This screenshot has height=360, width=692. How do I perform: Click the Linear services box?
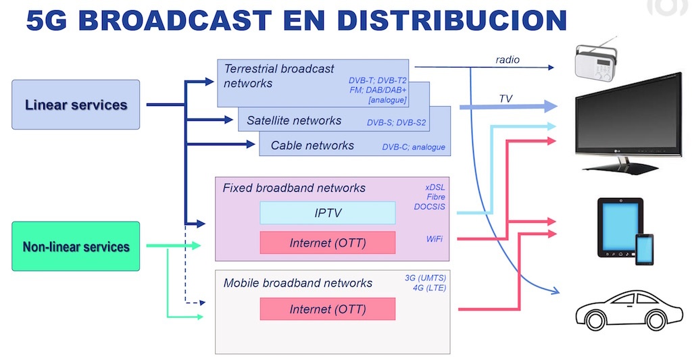coord(76,105)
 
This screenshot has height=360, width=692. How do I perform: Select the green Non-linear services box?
coord(76,246)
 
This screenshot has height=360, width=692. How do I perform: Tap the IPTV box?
coord(328,213)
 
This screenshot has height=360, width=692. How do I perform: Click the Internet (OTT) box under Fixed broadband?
coord(328,242)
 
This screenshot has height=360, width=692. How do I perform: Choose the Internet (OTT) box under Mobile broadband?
coord(328,309)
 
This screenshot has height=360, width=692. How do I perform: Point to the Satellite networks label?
coord(294,120)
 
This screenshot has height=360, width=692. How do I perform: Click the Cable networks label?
coord(312,146)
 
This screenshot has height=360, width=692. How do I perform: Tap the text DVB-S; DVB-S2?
coord(396,123)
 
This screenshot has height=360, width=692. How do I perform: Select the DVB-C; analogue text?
coord(414,147)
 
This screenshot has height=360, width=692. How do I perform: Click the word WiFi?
coord(435,238)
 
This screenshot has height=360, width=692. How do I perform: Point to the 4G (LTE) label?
coord(429,288)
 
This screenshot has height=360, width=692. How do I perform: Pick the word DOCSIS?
coord(429,207)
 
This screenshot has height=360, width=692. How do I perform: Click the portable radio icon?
coord(596,60)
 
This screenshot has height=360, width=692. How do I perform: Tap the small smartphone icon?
coord(644,250)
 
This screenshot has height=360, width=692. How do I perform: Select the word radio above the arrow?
coord(508,59)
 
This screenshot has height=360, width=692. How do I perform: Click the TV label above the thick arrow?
coord(505,99)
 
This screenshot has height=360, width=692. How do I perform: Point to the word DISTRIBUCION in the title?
coord(452,20)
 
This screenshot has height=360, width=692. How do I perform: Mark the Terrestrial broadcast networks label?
coord(278,76)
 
